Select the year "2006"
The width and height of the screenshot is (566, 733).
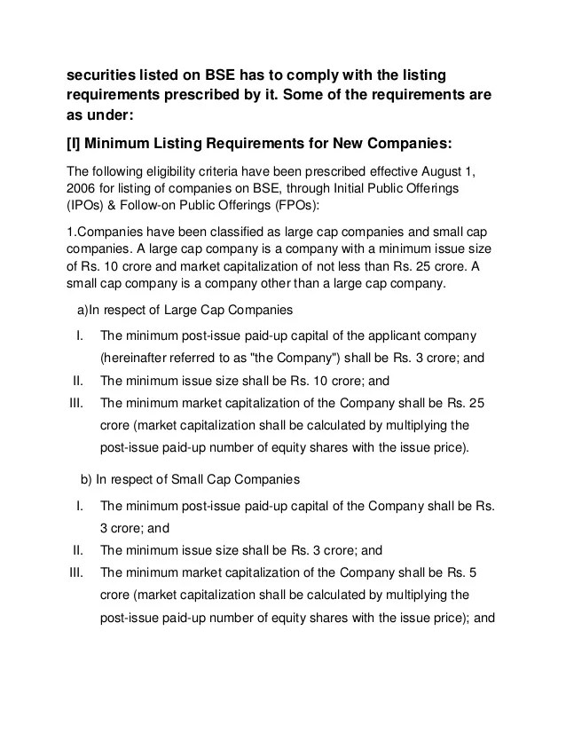83,191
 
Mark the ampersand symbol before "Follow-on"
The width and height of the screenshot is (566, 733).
122,209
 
